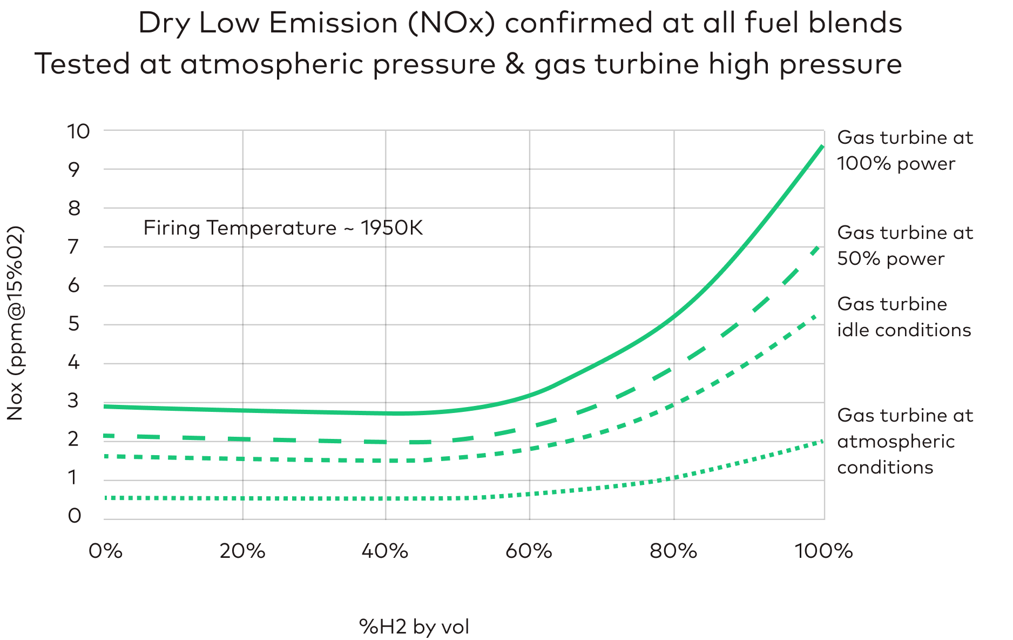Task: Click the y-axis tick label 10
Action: (78, 131)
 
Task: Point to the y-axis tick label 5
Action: (73, 324)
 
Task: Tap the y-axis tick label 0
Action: (74, 516)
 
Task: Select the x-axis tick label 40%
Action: (384, 551)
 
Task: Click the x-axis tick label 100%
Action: (823, 551)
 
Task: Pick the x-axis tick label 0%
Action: (105, 551)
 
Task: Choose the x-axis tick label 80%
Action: (673, 551)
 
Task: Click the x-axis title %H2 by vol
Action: (414, 627)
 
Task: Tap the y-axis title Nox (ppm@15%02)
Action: (15, 323)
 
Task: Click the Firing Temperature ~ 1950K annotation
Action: (283, 228)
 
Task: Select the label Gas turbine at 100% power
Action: (904, 151)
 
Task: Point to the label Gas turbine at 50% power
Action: (904, 246)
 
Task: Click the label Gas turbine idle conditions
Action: (903, 317)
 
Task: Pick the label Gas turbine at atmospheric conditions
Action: (904, 442)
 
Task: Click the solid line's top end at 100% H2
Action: (822, 146)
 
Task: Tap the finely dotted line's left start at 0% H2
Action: (106, 497)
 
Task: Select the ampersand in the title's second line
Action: (515, 64)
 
